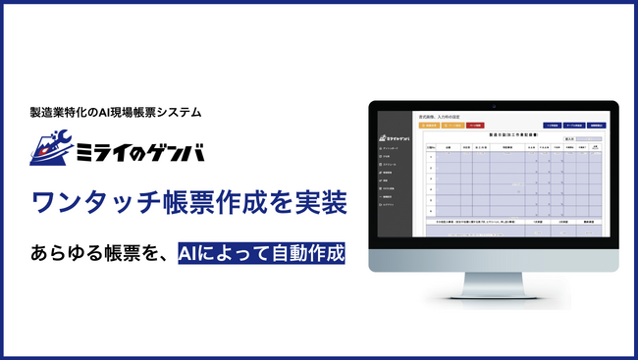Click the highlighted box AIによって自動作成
pyautogui.click(x=261, y=254)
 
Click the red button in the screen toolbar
pyautogui.click(x=474, y=126)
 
